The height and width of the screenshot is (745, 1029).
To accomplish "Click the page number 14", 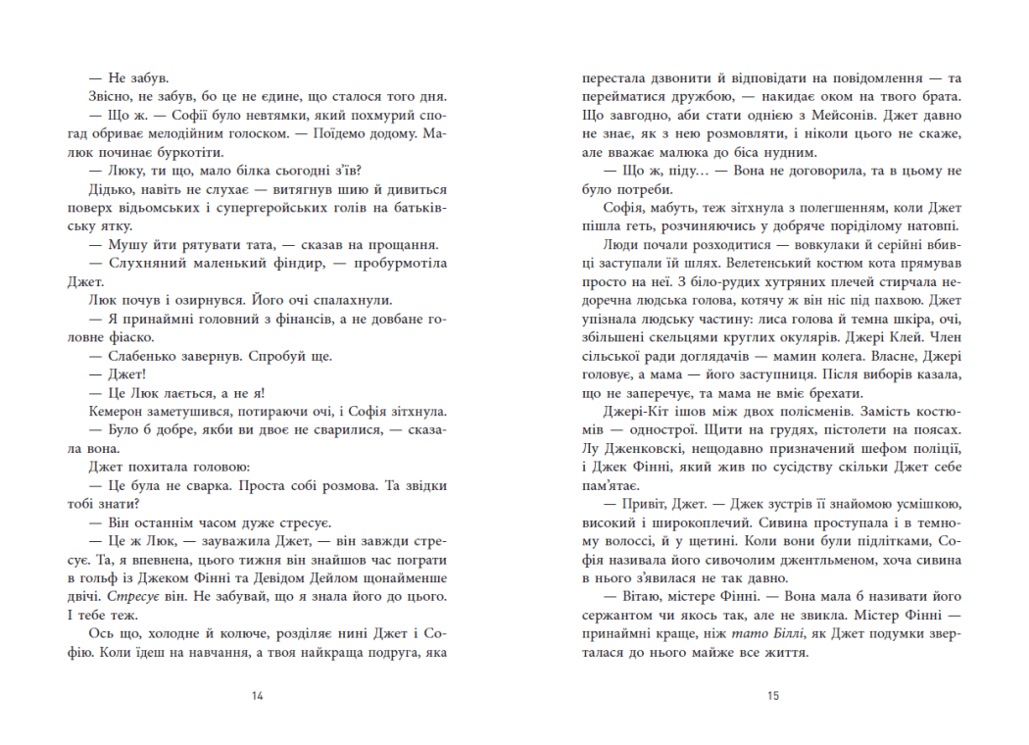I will (x=258, y=696).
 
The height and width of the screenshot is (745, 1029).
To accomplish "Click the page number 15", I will (x=772, y=696).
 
